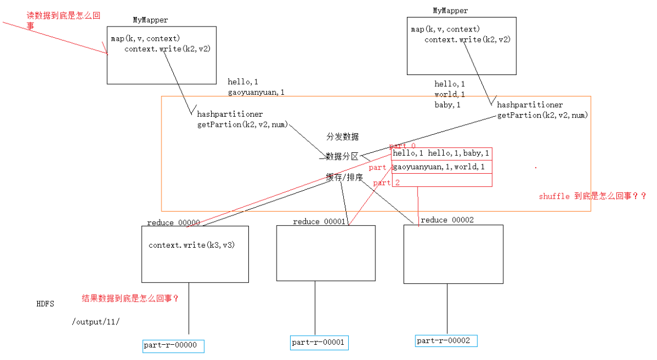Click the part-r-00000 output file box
[x=173, y=346]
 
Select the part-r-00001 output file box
[x=318, y=342]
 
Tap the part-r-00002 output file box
[x=446, y=341]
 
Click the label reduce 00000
[x=173, y=222]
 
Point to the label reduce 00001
[x=319, y=222]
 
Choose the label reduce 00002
[x=446, y=220]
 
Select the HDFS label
[x=45, y=304]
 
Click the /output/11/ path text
[x=95, y=322]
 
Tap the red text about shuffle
[x=592, y=196]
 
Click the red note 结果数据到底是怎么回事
[x=130, y=298]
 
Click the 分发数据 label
[x=342, y=137]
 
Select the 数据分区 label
[x=342, y=156]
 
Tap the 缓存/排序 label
[x=344, y=177]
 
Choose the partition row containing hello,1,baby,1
[x=441, y=153]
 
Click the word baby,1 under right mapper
[x=447, y=104]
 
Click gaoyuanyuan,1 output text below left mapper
[x=256, y=91]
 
